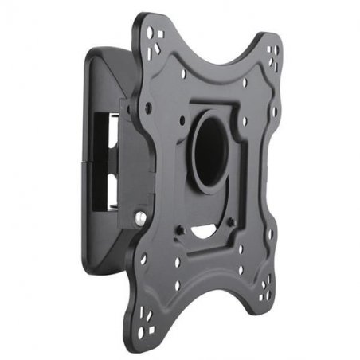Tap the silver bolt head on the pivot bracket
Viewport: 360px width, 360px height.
pos(139,215)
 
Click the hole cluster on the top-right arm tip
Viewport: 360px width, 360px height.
pos(273,53)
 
